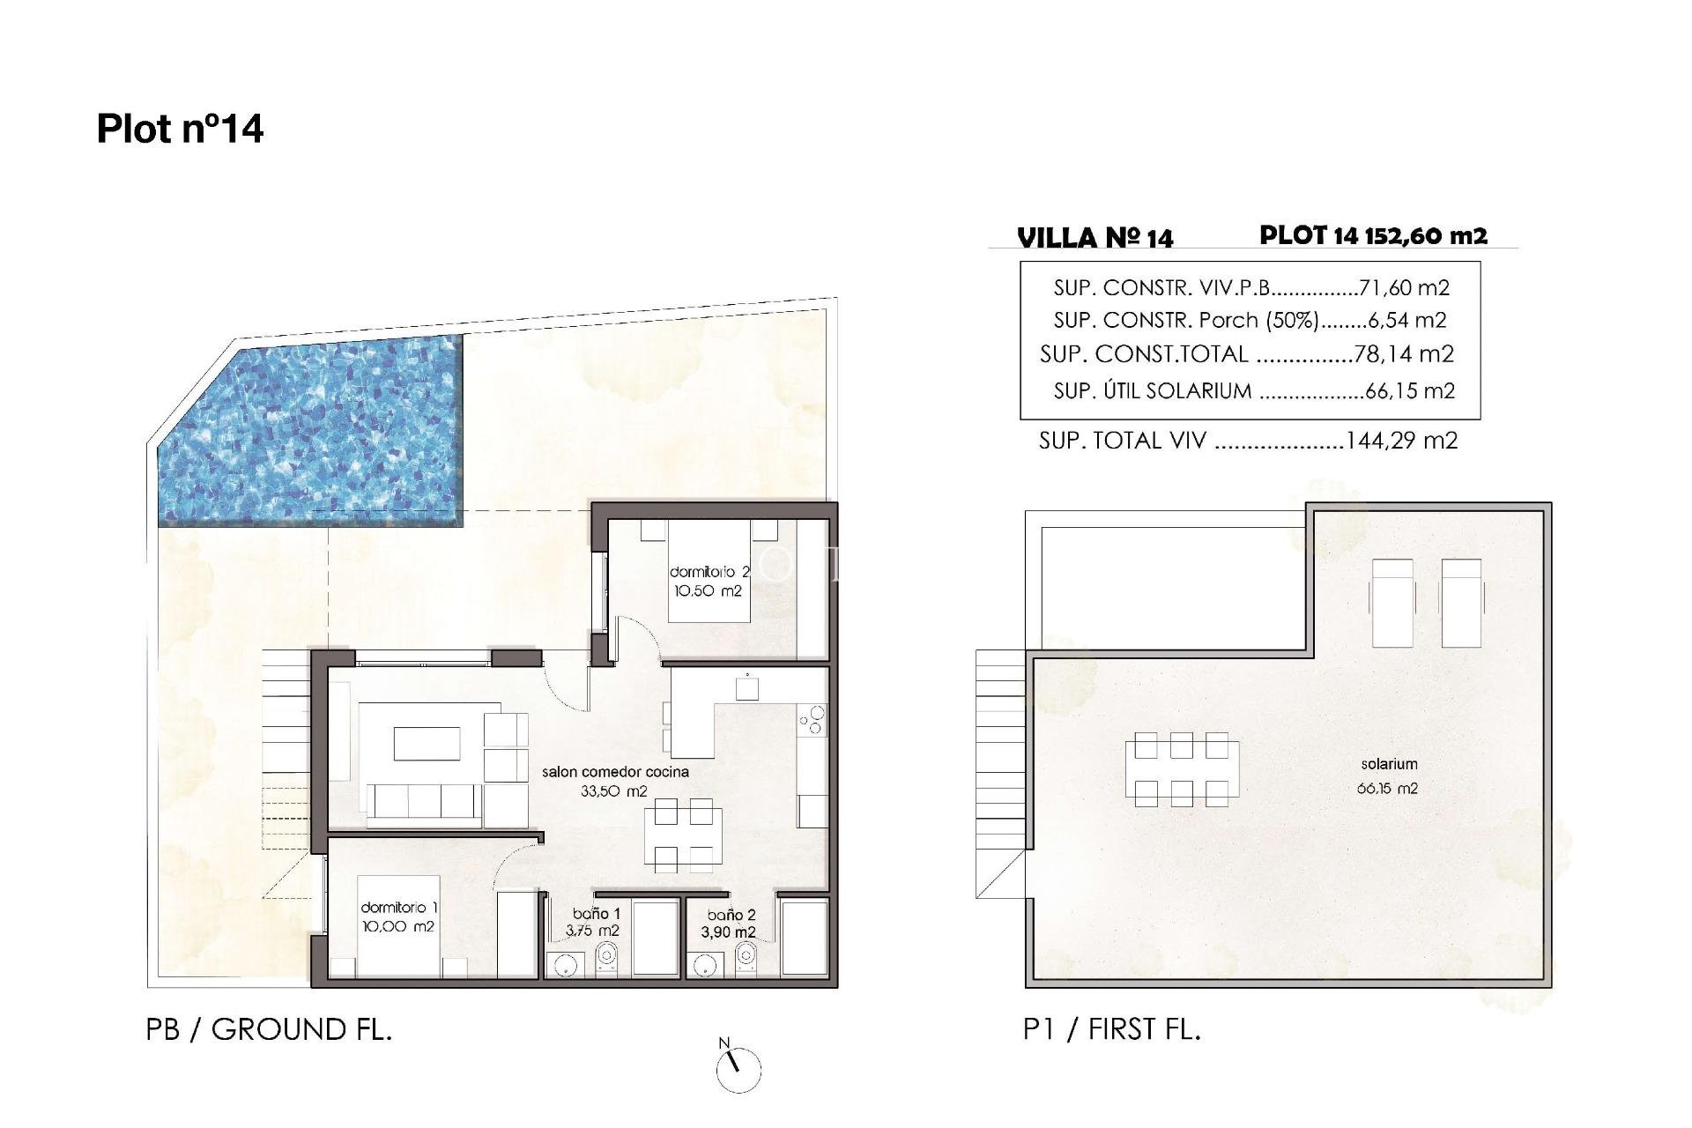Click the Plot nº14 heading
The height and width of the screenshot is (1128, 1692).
[x=180, y=129]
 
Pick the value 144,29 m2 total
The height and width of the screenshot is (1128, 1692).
[x=1401, y=440]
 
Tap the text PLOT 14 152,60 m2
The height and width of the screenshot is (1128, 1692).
[x=1373, y=235]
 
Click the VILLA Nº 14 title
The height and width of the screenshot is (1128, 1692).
[x=1095, y=238]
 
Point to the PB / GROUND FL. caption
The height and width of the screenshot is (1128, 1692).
[x=269, y=1029]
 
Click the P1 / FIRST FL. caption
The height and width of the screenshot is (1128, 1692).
[x=1111, y=1028]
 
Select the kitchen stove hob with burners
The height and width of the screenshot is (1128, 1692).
[x=812, y=720]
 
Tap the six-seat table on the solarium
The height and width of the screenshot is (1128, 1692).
[x=1181, y=769]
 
